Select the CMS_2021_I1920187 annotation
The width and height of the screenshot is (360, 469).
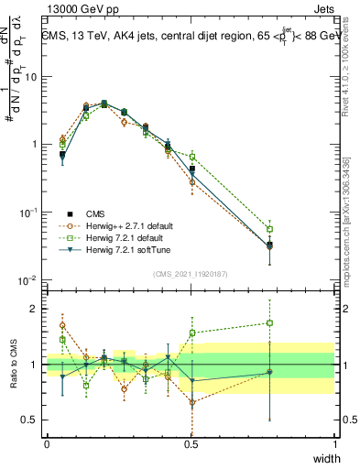(x=191, y=274)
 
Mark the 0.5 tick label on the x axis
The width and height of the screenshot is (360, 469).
(x=191, y=443)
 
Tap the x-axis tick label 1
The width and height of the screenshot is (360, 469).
(x=335, y=443)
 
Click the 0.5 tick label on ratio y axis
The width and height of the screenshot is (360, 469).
(x=28, y=421)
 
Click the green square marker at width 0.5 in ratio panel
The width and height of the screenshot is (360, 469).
(x=192, y=333)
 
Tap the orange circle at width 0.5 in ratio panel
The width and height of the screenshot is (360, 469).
(x=192, y=402)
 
